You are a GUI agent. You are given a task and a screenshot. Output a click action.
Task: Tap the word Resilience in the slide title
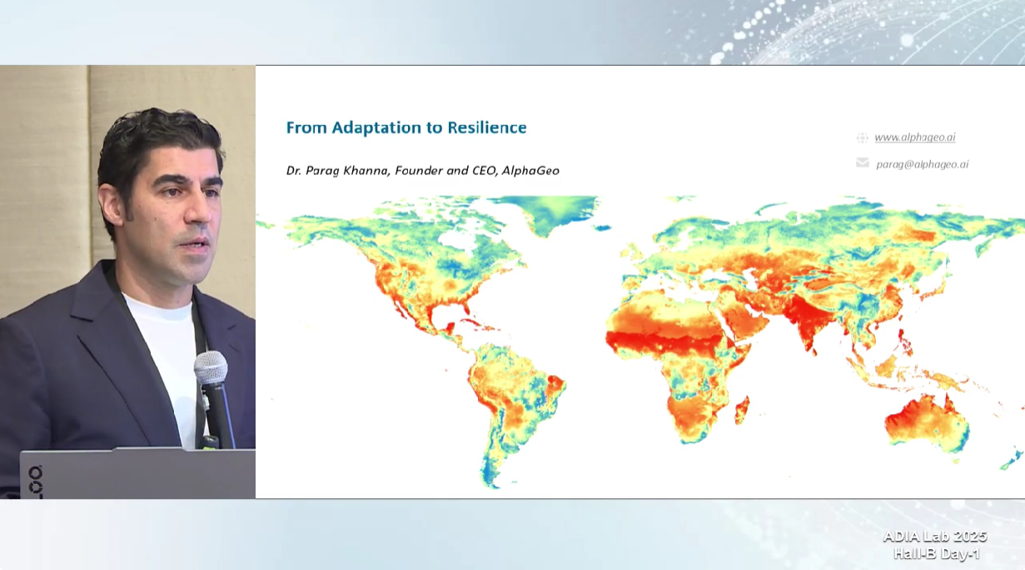click(487, 127)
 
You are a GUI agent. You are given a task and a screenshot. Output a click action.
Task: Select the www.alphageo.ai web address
click(915, 137)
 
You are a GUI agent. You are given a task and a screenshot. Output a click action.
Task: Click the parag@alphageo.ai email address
click(922, 164)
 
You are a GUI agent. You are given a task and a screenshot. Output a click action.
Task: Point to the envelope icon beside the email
click(863, 162)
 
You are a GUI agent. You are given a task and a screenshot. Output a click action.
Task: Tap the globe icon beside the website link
click(862, 137)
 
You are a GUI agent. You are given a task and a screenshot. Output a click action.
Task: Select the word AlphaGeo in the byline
click(530, 171)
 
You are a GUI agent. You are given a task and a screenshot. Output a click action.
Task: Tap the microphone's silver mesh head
click(211, 367)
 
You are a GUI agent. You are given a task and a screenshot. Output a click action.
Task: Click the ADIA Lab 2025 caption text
click(935, 537)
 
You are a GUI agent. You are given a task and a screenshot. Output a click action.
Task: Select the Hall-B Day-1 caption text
click(937, 554)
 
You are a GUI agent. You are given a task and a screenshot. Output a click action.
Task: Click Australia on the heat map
click(927, 423)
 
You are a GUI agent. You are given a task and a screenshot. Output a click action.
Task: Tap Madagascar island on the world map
click(742, 410)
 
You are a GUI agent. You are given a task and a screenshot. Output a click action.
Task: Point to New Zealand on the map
click(1013, 460)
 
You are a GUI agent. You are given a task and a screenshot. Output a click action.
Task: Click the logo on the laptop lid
click(36, 481)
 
